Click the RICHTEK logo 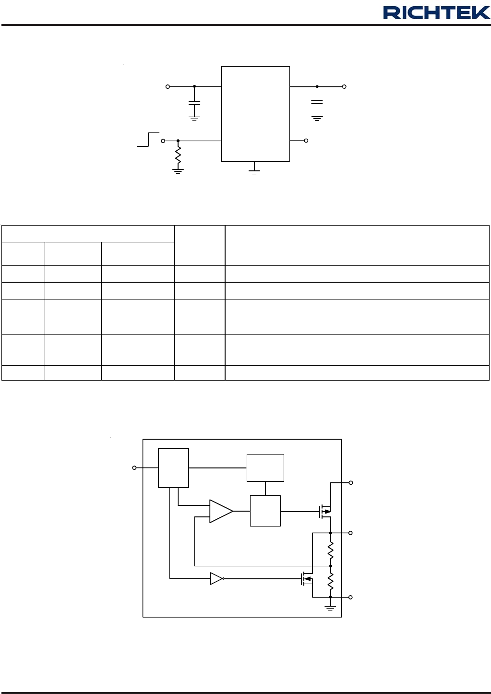coord(436,12)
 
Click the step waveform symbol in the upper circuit coord(148,139)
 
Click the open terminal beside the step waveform coord(163,141)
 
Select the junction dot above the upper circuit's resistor coord(178,141)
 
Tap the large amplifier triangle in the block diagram coord(221,512)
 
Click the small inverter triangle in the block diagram coord(216,578)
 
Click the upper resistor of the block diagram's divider coord(331,550)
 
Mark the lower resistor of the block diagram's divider coord(331,582)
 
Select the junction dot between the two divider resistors coord(331,566)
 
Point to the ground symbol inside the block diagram coord(330,607)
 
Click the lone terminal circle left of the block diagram coord(134,467)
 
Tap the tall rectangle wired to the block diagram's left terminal coord(173,468)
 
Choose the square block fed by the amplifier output coord(265,511)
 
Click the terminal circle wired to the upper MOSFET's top coord(351,482)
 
